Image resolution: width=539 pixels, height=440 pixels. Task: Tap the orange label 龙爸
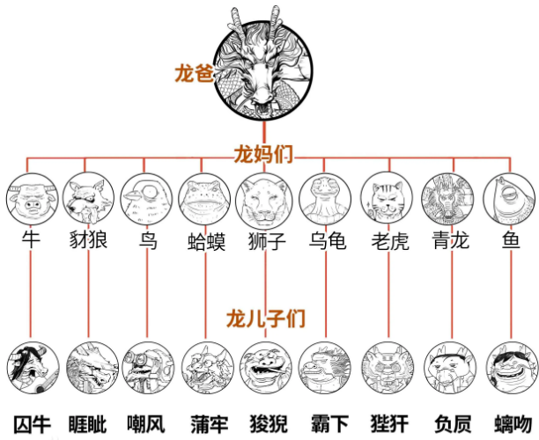tap(195, 76)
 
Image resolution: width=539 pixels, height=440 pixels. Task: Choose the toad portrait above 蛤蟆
tap(203, 200)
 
